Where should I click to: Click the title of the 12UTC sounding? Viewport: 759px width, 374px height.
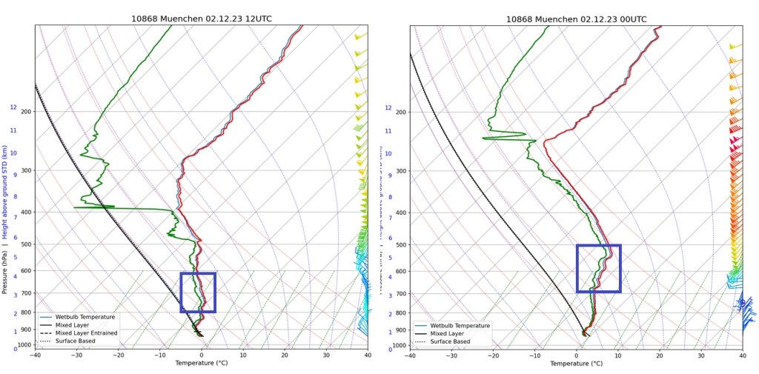[201, 19]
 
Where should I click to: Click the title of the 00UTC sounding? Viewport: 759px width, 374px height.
[576, 19]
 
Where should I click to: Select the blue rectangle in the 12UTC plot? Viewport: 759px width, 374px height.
[198, 293]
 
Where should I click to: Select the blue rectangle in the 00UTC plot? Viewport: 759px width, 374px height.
[598, 268]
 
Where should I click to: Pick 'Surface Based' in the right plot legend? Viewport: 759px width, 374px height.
[451, 341]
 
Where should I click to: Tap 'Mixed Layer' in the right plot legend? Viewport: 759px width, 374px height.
[446, 333]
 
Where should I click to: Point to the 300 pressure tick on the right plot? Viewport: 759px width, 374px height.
[401, 171]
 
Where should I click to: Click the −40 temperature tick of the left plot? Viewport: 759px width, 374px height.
[35, 355]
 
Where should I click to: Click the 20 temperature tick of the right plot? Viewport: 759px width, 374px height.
[660, 355]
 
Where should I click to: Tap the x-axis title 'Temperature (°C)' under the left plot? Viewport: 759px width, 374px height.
[201, 363]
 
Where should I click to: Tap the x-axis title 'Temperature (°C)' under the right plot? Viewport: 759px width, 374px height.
[576, 363]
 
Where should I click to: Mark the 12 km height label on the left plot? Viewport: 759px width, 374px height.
[13, 107]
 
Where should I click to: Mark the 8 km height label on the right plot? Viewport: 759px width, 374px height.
[388, 197]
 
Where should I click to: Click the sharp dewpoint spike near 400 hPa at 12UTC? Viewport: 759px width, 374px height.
[76, 207]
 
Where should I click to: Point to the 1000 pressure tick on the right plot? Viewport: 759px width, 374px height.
[400, 346]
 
